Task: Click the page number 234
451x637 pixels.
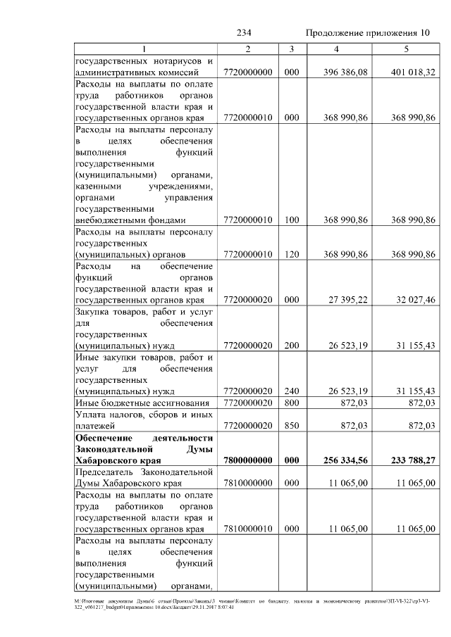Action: pyautogui.click(x=244, y=33)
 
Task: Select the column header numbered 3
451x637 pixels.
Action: pyautogui.click(x=292, y=49)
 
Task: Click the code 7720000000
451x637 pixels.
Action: pyautogui.click(x=247, y=72)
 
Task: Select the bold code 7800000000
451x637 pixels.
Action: pyautogui.click(x=247, y=460)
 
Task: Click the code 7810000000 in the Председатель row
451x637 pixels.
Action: pyautogui.click(x=247, y=483)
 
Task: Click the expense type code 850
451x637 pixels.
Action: pyautogui.click(x=292, y=426)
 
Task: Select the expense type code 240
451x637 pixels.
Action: pyautogui.click(x=292, y=391)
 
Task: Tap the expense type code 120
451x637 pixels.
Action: pyautogui.click(x=292, y=253)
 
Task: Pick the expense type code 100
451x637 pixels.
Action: pyautogui.click(x=292, y=220)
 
